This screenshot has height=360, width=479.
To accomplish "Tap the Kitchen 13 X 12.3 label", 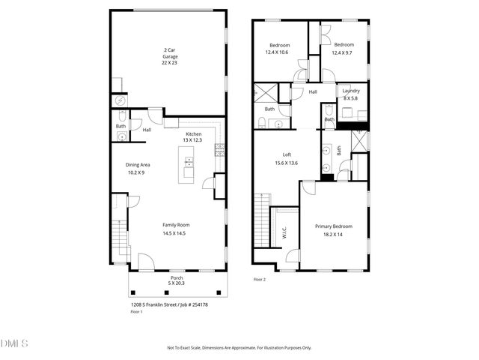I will pyautogui.click(x=193, y=137).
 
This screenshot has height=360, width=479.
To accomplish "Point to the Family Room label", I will pyautogui.click(x=177, y=229).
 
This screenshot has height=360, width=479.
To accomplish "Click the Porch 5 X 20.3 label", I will pyautogui.click(x=177, y=280).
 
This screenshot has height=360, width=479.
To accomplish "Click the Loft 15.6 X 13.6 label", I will pyautogui.click(x=286, y=158).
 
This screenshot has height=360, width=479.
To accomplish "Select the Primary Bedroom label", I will pyautogui.click(x=333, y=229).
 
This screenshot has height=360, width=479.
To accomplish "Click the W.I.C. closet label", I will pyautogui.click(x=284, y=234).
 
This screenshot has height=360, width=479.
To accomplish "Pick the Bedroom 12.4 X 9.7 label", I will pyautogui.click(x=344, y=49).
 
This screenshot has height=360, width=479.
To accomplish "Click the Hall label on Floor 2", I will pyautogui.click(x=313, y=91).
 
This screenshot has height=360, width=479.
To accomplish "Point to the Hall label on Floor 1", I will pyautogui.click(x=147, y=130).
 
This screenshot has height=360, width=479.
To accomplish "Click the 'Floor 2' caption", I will pyautogui.click(x=259, y=279).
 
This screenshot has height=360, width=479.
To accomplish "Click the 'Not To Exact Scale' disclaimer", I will pyautogui.click(x=239, y=347).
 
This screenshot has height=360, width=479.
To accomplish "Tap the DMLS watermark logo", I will pyautogui.click(x=14, y=343).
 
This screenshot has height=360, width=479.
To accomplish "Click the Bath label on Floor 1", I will pyautogui.click(x=120, y=126).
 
